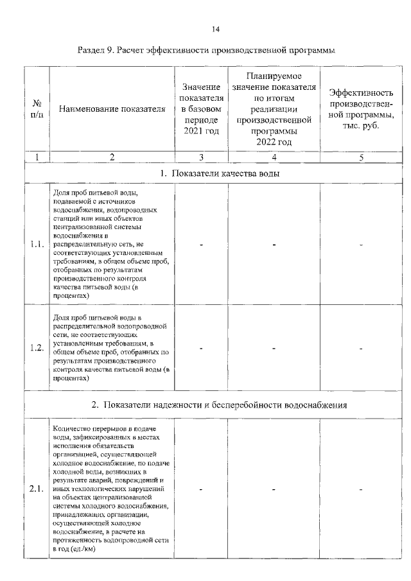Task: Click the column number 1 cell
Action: click(37, 157)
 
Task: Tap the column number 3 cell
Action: click(201, 157)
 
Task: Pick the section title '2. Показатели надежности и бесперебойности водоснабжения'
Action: click(219, 404)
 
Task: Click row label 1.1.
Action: click(37, 244)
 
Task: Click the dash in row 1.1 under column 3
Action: click(201, 245)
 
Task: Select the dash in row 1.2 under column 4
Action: click(274, 349)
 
